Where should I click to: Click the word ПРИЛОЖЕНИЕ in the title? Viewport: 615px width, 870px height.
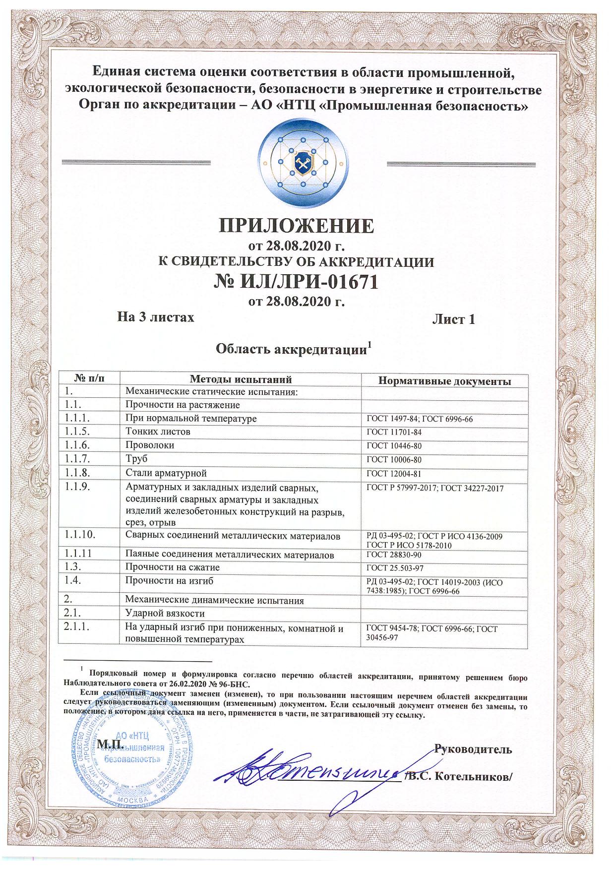point(296,226)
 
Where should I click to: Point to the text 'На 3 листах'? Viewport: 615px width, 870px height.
point(155,316)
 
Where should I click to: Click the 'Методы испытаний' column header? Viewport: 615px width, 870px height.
point(241,379)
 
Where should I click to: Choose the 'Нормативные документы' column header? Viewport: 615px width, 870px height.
point(444,381)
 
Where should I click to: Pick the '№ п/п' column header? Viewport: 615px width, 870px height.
point(89,379)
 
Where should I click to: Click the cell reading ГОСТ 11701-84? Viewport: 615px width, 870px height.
point(394,433)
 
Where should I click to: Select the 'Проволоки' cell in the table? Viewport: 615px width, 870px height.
point(150,445)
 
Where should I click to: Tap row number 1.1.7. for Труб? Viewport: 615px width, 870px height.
point(77,459)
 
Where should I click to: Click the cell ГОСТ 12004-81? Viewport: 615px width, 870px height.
point(394,474)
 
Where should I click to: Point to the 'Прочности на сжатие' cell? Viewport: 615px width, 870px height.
point(172,567)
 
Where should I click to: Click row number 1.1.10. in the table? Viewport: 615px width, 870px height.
point(80,535)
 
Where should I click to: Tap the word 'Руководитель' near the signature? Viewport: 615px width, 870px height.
point(473,749)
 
